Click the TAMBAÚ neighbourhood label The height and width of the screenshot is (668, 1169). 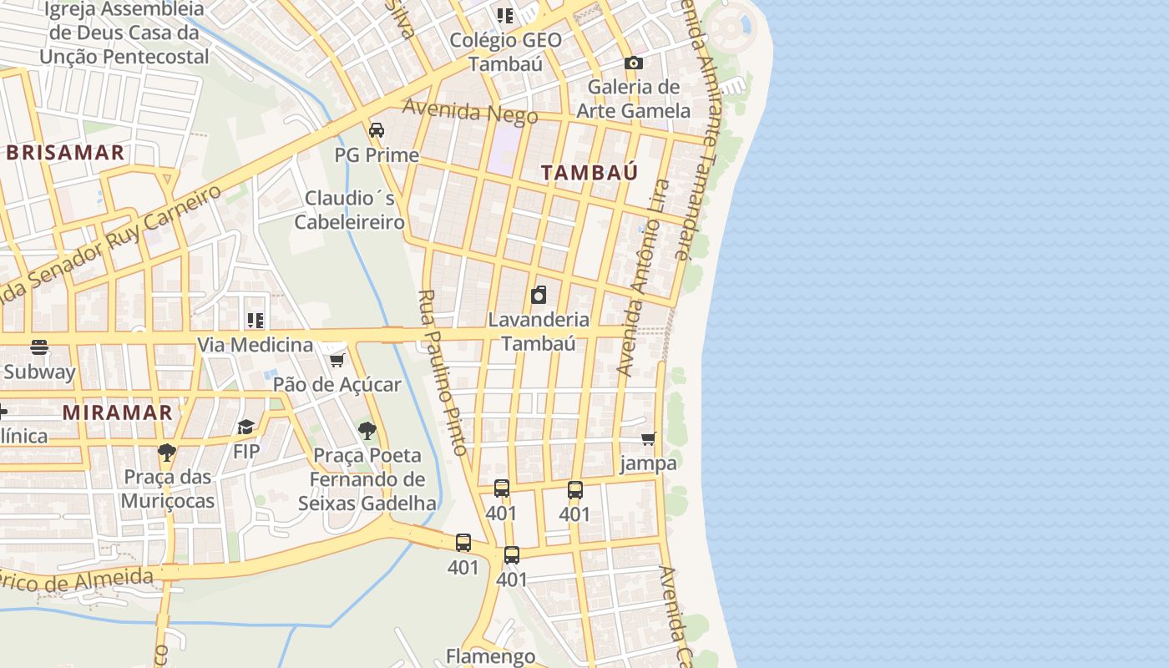point(590,173)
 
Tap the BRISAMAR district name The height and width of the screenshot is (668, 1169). point(66,153)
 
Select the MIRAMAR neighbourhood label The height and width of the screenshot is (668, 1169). point(118,412)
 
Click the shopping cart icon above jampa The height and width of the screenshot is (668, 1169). point(648,438)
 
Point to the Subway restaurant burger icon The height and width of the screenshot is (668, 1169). point(39,347)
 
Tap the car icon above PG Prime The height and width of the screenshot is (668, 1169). point(377,130)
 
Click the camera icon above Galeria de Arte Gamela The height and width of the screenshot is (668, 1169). point(633,63)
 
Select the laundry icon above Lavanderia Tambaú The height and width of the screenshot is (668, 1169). point(539,295)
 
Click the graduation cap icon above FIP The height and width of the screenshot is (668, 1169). point(245,428)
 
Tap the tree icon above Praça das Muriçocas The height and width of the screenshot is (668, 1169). point(167,453)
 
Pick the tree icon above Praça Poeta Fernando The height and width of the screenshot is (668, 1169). point(367,431)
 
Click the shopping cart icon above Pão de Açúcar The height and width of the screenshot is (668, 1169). point(337,360)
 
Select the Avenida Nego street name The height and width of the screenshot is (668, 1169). point(470,112)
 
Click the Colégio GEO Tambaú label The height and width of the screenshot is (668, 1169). point(505,52)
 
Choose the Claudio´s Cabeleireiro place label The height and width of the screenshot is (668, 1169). point(350,210)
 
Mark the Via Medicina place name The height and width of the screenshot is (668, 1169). point(255,344)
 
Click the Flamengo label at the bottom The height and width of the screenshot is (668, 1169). point(490,656)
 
